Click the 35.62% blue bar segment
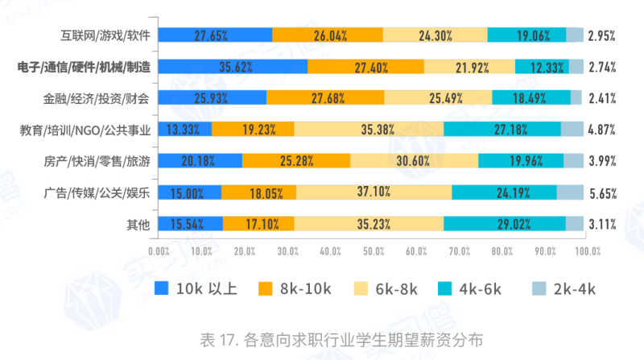click(x=233, y=67)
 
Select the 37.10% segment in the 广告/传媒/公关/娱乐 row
click(x=374, y=192)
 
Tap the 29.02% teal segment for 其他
click(x=505, y=224)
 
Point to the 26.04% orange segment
click(x=328, y=35)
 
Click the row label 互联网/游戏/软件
click(x=105, y=35)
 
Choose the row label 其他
click(x=139, y=224)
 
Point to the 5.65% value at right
click(x=602, y=192)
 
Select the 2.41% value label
click(x=602, y=98)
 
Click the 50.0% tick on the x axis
click(x=373, y=251)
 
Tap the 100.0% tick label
click(x=588, y=251)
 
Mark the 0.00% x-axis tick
click(x=159, y=251)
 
